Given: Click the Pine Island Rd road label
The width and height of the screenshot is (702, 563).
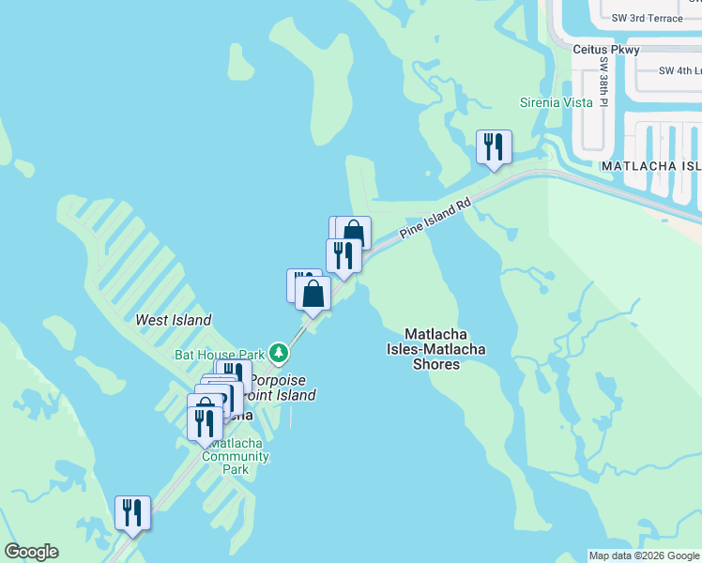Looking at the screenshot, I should tap(435, 218).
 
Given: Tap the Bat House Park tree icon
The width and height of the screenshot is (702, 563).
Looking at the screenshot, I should tap(278, 354).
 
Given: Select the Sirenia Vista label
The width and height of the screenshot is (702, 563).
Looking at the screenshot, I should tap(557, 102).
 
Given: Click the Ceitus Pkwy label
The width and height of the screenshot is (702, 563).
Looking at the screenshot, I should tap(607, 50).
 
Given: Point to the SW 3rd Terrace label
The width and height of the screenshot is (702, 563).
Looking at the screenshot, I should tap(646, 18).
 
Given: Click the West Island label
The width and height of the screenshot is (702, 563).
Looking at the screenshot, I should tap(174, 320).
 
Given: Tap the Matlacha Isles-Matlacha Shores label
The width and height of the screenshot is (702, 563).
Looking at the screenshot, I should tap(436, 348).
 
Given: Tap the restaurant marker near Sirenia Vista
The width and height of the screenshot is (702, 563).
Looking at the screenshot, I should tap(494, 146).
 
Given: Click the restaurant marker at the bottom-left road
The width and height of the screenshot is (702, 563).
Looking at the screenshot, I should tap(132, 512).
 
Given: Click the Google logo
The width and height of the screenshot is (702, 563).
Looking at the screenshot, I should tap(31, 552).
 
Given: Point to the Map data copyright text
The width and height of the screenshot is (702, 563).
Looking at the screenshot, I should tap(644, 555).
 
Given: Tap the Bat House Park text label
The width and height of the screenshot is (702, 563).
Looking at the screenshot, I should tap(220, 355).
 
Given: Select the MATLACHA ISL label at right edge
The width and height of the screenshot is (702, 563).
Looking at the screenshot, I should tap(650, 165).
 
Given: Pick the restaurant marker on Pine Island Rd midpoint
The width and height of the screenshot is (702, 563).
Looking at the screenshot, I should tap(343, 255).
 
